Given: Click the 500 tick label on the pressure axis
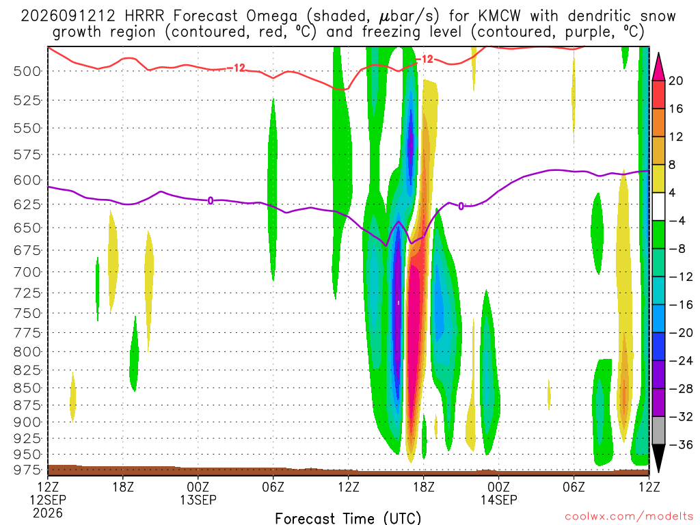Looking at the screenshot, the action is click(x=27, y=71).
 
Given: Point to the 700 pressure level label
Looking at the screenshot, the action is click(x=27, y=272).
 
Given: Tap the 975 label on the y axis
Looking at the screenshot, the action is click(x=27, y=470).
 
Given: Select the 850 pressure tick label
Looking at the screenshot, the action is click(x=27, y=388).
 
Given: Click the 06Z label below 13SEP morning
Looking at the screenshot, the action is click(x=273, y=487).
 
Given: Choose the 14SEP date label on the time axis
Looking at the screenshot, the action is click(x=498, y=500).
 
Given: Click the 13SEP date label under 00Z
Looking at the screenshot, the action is click(x=198, y=500).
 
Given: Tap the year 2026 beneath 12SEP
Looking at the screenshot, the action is click(x=48, y=513).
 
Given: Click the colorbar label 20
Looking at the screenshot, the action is click(x=675, y=81).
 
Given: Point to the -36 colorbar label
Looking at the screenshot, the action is click(x=680, y=444).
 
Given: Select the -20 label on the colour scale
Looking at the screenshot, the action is click(x=680, y=333).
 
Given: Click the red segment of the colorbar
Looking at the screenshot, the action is click(x=658, y=94).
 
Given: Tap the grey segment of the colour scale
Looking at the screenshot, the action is click(x=658, y=431).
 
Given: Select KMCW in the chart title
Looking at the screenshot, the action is click(x=499, y=16).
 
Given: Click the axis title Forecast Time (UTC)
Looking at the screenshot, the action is click(x=348, y=518).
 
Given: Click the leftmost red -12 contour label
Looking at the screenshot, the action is click(x=237, y=68).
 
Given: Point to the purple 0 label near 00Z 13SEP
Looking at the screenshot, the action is click(x=211, y=201).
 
